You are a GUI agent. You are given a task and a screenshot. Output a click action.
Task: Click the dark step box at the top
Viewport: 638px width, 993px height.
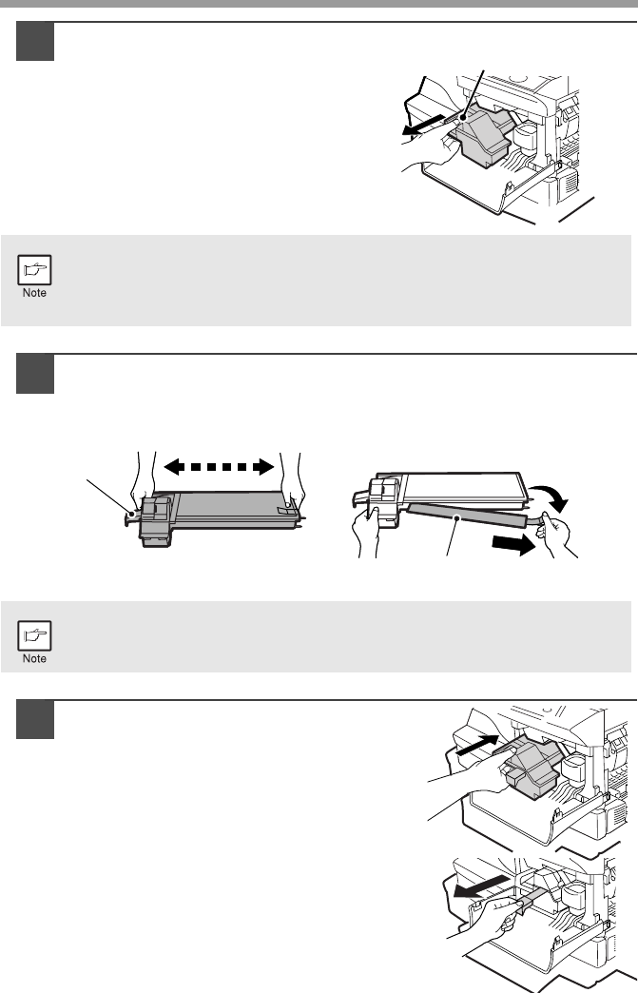point(35,41)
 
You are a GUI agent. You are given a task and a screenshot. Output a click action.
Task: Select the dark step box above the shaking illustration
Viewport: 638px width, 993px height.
point(35,374)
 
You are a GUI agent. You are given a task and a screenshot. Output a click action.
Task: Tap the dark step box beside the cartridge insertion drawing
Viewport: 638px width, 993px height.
point(35,719)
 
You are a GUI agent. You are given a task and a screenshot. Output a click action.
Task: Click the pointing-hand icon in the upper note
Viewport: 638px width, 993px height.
point(34,270)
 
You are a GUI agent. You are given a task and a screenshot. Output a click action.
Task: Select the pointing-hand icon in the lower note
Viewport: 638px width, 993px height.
point(34,635)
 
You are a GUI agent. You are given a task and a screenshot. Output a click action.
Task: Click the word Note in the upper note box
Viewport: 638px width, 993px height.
point(34,293)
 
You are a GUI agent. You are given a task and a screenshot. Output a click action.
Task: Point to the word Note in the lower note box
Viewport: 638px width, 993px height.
point(34,658)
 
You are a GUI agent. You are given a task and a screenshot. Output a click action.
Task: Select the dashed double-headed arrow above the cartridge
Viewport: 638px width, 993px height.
point(219,467)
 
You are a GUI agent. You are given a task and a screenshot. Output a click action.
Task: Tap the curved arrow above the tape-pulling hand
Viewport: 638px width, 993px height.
point(551,497)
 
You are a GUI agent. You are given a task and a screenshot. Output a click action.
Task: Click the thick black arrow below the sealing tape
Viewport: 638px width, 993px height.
point(513,544)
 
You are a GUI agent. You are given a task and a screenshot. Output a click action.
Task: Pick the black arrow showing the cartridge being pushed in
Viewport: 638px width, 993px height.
point(478,745)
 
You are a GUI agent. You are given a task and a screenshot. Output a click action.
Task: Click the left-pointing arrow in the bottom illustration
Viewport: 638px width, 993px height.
point(481,886)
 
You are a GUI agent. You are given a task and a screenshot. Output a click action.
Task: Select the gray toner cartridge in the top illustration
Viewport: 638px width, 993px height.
point(483,134)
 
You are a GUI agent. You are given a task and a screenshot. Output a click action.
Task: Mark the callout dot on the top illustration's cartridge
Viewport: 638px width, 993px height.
point(464,118)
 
